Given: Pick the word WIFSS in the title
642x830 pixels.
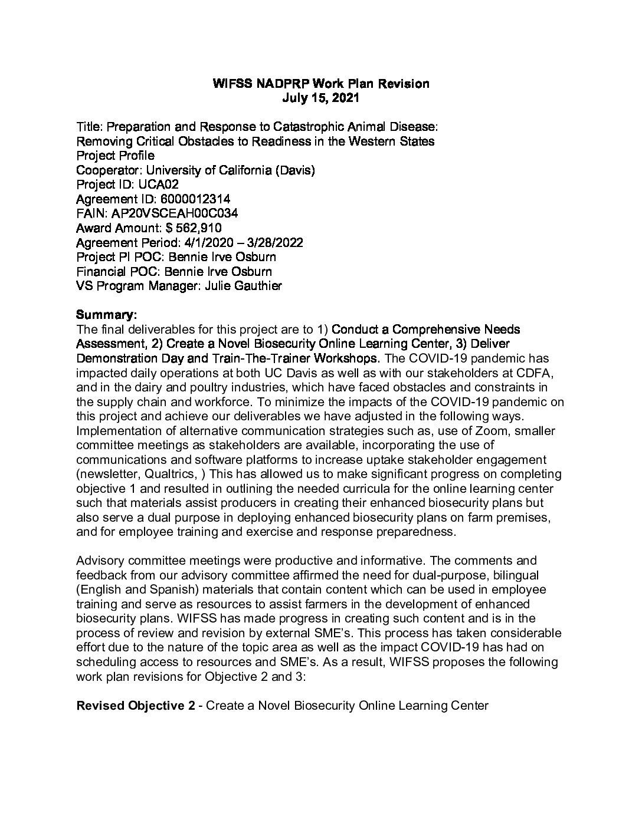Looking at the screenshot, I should (x=232, y=84).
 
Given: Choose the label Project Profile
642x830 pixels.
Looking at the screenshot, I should (x=116, y=156).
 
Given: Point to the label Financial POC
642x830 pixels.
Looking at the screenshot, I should (x=118, y=272).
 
